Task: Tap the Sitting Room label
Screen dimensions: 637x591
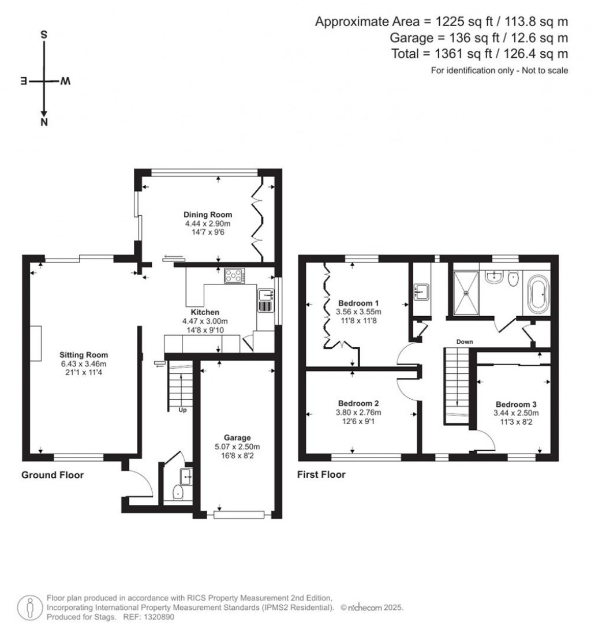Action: click(x=84, y=355)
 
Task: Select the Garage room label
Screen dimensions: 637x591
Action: click(x=238, y=438)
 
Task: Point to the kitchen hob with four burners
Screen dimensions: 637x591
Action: click(x=235, y=276)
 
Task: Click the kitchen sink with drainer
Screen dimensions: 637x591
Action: click(x=266, y=299)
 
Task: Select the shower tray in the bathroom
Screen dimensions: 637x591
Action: click(x=467, y=293)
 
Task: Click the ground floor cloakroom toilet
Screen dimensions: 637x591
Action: click(x=178, y=493)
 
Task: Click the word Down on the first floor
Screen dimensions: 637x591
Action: click(x=465, y=342)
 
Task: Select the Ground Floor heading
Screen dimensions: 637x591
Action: click(x=53, y=475)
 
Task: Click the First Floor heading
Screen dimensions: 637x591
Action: click(x=321, y=475)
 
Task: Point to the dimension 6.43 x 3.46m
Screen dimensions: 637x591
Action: click(x=84, y=364)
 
